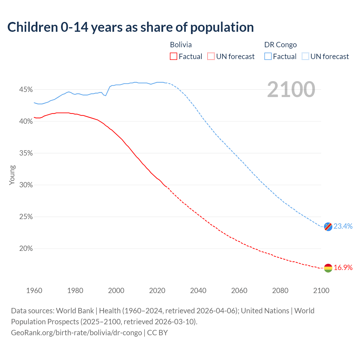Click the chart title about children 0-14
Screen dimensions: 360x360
coord(130,27)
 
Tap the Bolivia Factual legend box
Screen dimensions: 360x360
coord(174,57)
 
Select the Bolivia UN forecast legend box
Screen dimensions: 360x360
coord(211,57)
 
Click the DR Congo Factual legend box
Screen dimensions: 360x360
coord(268,57)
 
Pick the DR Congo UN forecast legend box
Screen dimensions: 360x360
coord(305,57)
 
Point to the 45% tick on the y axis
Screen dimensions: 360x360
coord(26,90)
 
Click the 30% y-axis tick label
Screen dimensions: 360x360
coord(26,185)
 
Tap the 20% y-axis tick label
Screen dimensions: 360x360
coord(26,249)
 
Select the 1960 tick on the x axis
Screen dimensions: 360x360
coord(34,291)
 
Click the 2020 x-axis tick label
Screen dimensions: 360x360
coord(157,291)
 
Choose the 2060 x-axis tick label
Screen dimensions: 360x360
coord(239,291)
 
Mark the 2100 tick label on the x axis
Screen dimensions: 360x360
coord(321,291)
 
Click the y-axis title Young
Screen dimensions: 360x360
coord(12,175)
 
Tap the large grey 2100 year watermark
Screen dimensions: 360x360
coord(291,89)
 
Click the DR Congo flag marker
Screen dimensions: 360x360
coord(328,226)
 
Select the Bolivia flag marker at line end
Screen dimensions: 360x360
coord(328,268)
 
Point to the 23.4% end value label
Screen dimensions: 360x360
coord(343,226)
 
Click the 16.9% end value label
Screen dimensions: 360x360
coord(343,267)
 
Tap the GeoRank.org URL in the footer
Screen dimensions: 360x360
coord(76,333)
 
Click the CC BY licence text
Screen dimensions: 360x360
coord(157,333)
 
